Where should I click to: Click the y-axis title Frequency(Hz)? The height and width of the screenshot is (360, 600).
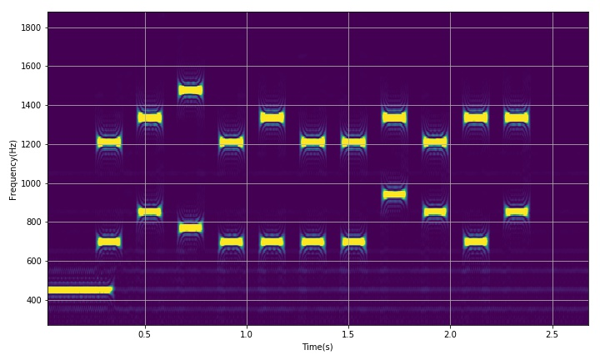point(13,169)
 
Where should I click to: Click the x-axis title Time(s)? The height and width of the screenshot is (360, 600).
point(317,347)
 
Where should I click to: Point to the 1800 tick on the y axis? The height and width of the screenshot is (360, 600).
point(32,27)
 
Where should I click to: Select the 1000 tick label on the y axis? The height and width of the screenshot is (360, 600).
point(32,183)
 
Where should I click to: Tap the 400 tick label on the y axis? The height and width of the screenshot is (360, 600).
point(34,300)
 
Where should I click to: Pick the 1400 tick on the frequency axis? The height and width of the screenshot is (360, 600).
point(32,106)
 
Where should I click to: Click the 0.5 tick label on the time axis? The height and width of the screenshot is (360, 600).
point(145,333)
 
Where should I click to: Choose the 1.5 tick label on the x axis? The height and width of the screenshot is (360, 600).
point(348,333)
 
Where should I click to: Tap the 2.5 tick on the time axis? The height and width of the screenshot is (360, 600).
point(552,333)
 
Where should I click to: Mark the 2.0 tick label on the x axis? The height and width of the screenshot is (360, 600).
point(450,333)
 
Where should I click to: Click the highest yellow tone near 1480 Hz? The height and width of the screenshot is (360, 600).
point(190,90)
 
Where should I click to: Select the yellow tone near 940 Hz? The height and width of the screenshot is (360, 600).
point(394,194)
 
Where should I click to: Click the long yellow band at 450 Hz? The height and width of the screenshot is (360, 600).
point(80,290)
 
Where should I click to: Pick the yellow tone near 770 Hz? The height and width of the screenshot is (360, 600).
point(190,227)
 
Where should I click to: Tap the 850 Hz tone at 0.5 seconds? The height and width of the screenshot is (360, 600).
point(149,212)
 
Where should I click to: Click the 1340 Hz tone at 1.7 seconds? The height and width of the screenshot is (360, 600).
point(394,117)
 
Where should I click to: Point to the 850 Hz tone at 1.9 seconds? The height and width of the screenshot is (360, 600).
point(435,212)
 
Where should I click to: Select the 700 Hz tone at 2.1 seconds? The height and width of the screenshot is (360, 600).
point(476,242)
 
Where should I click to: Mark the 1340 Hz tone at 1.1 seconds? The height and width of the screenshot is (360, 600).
point(272,117)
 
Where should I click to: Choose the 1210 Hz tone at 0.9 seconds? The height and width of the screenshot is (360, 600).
point(231,142)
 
